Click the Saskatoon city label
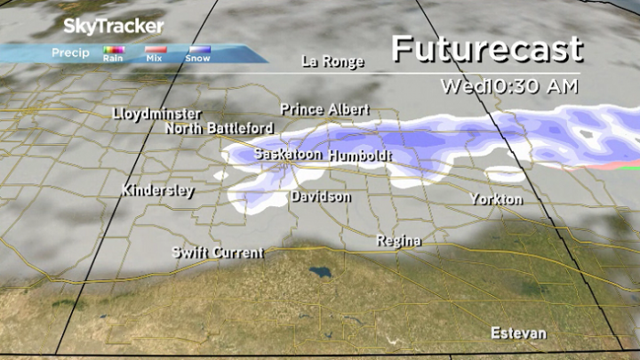[287, 154]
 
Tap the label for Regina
[398, 241]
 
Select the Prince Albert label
[324, 109]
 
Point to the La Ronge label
[332, 61]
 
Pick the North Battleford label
[219, 129]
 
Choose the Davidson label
[320, 196]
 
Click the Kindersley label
[158, 190]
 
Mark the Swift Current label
[218, 253]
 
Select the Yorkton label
[496, 199]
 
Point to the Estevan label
[519, 333]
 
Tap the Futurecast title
[487, 48]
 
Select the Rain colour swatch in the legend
[113, 51]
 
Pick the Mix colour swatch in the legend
[156, 51]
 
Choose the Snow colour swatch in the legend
[197, 51]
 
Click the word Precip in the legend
[69, 53]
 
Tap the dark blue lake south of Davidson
[316, 268]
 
